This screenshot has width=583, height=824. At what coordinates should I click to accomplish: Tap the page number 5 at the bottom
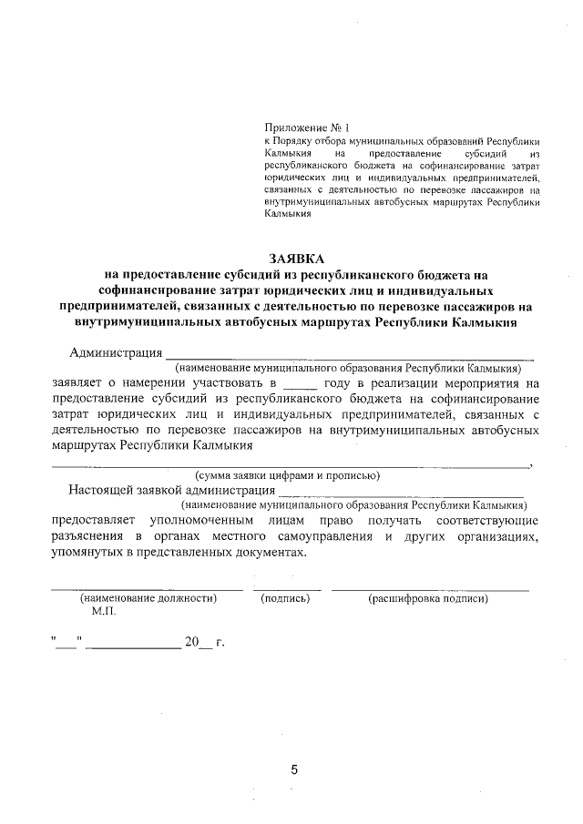click(x=294, y=769)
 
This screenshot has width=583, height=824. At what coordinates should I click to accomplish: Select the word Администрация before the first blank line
click(x=116, y=352)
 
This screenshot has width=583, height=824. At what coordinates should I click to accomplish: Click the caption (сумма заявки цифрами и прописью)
click(x=287, y=474)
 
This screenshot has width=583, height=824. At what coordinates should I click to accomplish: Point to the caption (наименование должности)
click(x=148, y=598)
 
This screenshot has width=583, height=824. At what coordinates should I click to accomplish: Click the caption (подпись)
click(x=285, y=598)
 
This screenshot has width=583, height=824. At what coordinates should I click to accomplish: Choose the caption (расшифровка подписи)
click(x=427, y=598)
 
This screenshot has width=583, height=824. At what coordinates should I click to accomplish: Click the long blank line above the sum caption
click(x=291, y=465)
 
